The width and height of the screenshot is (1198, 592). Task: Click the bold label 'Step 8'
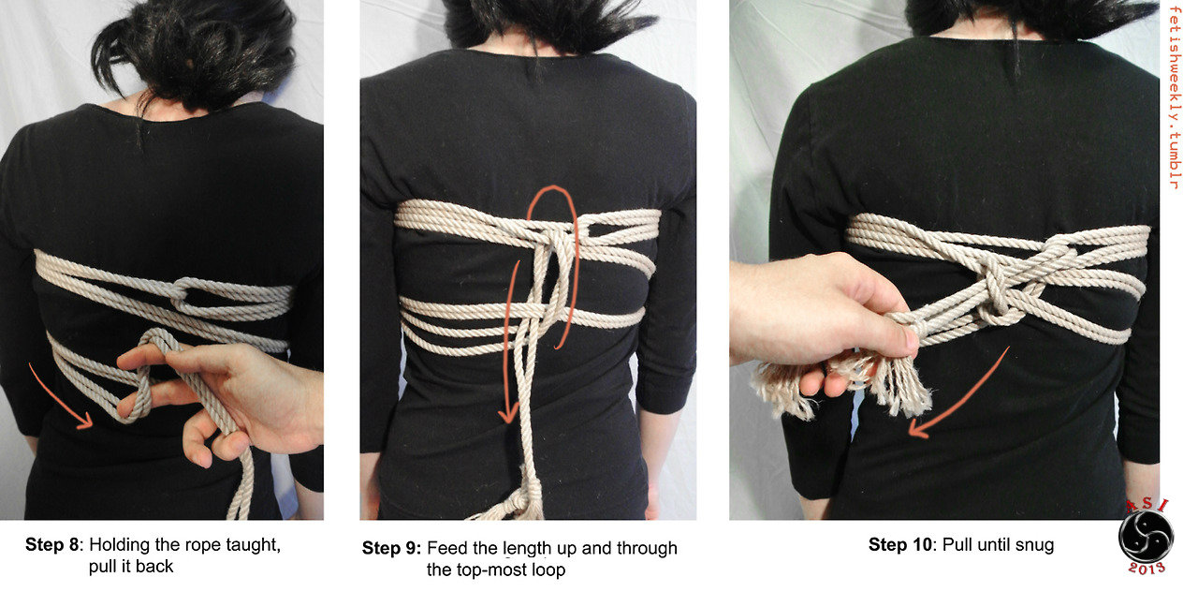[x=51, y=545]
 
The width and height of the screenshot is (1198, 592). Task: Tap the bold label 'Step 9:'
[x=391, y=548]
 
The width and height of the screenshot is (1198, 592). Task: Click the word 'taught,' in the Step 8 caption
[x=253, y=545]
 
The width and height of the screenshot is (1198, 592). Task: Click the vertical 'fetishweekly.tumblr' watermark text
[x=1175, y=97]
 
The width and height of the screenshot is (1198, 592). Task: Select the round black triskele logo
[x=1146, y=537]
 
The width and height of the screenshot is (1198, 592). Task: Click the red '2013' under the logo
[x=1147, y=569]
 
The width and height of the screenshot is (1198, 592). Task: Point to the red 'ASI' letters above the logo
[x=1147, y=506]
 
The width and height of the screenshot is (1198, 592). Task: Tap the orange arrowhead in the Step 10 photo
[x=918, y=429]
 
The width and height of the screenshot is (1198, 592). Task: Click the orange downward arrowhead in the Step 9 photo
[x=507, y=415]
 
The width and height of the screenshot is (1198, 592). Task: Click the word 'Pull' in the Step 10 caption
[x=954, y=545]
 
